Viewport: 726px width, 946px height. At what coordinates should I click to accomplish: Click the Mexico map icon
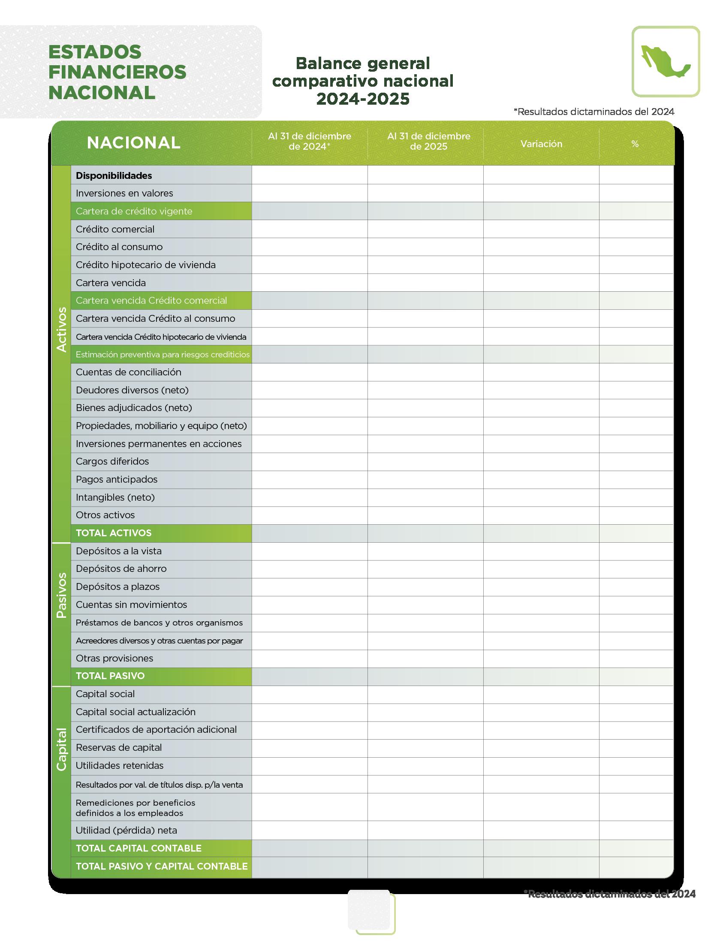coord(665,61)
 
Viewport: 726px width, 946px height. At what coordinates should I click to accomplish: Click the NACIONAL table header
coord(133,143)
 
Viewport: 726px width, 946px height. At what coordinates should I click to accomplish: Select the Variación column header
coord(541,144)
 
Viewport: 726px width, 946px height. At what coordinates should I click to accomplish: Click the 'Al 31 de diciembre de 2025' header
coord(428,142)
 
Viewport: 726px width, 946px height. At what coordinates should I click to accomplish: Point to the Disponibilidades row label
coord(114,175)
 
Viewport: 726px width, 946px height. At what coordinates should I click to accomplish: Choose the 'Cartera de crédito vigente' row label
coord(134,212)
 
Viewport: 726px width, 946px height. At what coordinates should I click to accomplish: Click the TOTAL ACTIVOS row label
coord(114,533)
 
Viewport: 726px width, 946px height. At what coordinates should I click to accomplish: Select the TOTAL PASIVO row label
coord(110,676)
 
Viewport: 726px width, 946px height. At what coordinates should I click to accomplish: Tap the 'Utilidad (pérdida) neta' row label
coord(126,830)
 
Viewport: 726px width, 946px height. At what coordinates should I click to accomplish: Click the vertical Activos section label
coord(61,329)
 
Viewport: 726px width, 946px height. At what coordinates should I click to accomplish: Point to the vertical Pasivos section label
coord(61,595)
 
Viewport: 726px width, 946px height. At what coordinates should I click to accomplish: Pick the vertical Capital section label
coord(61,749)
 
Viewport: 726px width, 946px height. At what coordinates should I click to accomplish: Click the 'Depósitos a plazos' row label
coord(117,587)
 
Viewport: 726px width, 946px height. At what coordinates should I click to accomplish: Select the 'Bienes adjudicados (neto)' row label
coord(134,408)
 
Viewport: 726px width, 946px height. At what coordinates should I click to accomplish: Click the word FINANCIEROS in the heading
coord(117,72)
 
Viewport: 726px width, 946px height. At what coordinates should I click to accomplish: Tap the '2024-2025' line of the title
coord(362,99)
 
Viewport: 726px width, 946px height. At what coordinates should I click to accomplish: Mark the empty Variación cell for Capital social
coord(541,694)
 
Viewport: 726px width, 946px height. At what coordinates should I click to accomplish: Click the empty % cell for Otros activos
coord(636,515)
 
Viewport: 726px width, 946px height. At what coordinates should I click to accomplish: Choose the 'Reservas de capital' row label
coord(119,747)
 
